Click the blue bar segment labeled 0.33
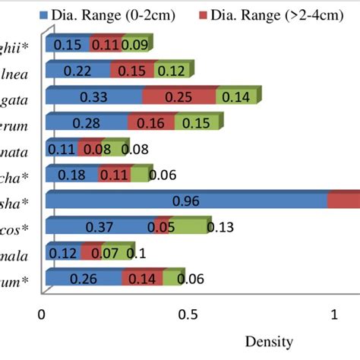click(x=94, y=97)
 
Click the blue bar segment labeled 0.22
click(x=77, y=71)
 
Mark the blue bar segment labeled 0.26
click(x=84, y=279)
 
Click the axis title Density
click(x=269, y=342)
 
